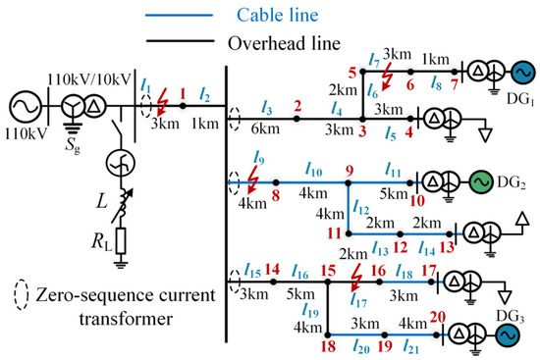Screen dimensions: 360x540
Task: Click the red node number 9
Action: (x=348, y=172)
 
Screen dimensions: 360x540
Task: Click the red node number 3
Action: (x=361, y=130)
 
